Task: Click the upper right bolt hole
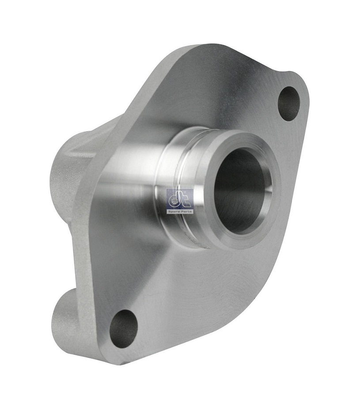point(289,103)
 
